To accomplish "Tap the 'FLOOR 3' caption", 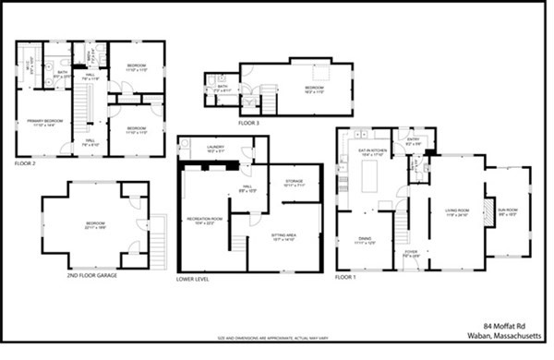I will click(249, 123).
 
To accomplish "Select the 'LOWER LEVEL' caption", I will click(193, 278).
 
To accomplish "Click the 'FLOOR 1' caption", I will click(345, 277).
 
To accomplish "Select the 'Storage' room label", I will click(295, 182).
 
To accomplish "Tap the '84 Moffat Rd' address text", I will click(513, 326).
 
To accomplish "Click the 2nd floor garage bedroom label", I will click(95, 224).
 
